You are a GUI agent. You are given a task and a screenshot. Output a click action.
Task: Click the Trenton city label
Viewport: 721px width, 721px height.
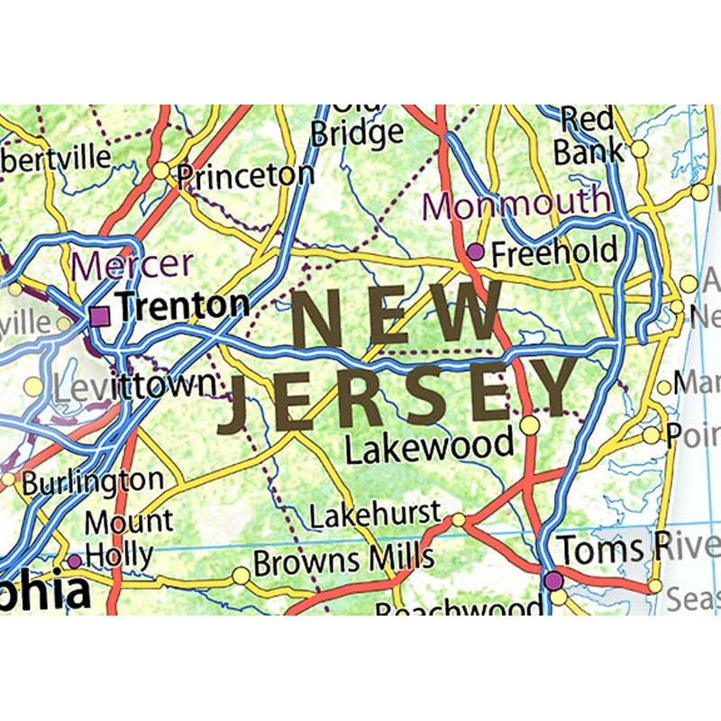coord(183,306)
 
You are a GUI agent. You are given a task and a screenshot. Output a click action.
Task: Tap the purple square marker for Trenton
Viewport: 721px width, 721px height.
coord(100,315)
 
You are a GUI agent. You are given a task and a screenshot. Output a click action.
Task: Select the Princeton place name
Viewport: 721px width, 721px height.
coord(244,176)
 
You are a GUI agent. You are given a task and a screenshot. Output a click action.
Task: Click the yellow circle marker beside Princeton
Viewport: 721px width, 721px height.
coord(160,170)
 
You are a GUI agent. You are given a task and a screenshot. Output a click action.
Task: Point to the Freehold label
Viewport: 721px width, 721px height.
coord(554,252)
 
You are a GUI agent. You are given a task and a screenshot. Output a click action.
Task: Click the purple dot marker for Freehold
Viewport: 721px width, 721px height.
coord(475,251)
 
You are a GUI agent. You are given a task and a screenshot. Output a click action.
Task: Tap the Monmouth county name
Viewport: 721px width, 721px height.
coord(516,204)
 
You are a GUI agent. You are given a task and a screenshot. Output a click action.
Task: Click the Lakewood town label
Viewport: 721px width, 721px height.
coord(430,446)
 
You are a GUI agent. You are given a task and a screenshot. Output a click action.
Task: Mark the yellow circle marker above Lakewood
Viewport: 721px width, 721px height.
coord(530,424)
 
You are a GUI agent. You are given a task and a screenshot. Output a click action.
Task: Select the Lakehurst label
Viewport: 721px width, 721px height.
coord(375,516)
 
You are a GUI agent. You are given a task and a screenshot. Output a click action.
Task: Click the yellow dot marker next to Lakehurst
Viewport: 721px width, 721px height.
coord(459,519)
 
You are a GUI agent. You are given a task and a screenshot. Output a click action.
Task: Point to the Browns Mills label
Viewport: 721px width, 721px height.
coord(343,563)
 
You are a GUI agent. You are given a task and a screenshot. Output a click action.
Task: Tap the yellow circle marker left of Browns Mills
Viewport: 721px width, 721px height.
coord(241,575)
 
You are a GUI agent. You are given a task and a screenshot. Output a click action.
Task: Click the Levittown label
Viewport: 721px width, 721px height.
coord(133,387)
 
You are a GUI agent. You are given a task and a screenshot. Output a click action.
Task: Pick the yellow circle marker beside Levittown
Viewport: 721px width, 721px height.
coord(33,387)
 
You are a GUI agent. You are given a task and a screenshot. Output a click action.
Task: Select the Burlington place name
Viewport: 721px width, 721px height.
coord(92,482)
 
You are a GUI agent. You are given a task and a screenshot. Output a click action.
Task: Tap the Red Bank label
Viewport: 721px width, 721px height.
coord(589,135)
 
